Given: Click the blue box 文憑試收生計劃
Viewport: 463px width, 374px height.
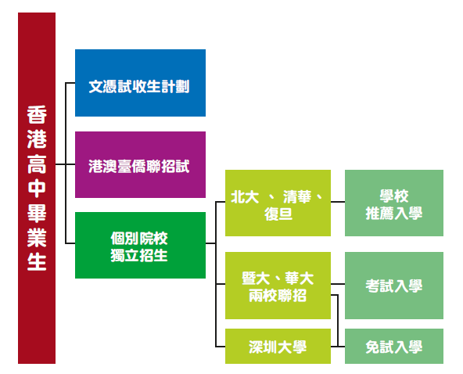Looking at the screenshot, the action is coord(140,83).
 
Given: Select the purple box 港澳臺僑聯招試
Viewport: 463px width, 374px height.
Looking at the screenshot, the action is coord(140,164).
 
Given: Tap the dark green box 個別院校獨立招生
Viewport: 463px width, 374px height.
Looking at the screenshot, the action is coord(140,245).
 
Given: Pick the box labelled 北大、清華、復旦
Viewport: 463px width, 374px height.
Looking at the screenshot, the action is coord(278,203).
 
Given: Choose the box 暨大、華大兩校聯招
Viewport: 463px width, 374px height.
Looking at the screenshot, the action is coord(278,286).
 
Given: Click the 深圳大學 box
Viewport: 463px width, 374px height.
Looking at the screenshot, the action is coord(278,347).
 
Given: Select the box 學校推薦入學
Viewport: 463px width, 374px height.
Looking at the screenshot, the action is coord(394,203).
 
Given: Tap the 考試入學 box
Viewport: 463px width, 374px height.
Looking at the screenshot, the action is coord(394,286).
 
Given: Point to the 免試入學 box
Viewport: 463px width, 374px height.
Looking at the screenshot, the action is coord(394,347).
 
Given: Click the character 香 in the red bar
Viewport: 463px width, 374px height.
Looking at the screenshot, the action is coord(37,114).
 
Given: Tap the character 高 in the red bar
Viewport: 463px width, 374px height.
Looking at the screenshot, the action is coord(37,164).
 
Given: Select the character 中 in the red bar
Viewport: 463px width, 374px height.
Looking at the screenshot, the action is coord(37,189).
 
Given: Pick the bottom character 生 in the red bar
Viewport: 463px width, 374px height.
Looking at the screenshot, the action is coord(37,261).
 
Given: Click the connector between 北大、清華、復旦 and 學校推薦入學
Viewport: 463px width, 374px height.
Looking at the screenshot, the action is coord(338,202).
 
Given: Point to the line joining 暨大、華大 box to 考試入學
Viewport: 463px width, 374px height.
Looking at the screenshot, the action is coord(338,284).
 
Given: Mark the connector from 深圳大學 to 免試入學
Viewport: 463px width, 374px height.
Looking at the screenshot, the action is coord(338,347).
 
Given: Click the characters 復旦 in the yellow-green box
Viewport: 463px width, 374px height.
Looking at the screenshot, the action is coord(278,214).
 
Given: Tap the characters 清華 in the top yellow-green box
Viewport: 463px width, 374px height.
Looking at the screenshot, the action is coord(297,196).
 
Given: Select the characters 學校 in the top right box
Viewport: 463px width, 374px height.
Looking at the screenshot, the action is coord(394,196).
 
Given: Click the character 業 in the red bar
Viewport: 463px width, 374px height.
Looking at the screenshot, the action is coord(37,237).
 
